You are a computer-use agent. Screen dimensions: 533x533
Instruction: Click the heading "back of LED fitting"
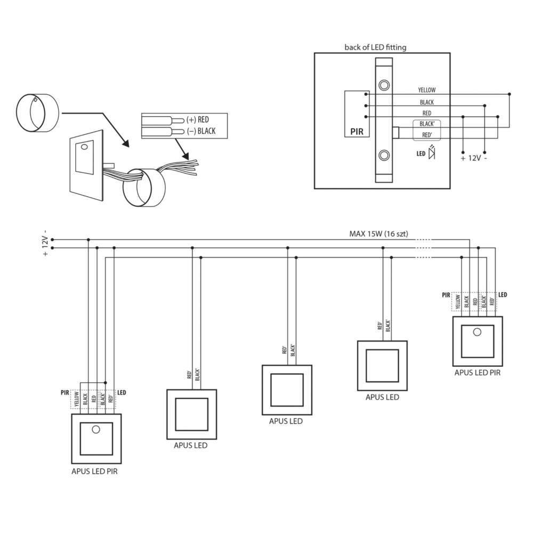coord(375,47)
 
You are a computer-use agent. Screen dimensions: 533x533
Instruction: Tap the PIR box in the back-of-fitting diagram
coord(356,114)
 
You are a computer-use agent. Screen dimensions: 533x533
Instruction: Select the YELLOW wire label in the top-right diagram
coord(427,90)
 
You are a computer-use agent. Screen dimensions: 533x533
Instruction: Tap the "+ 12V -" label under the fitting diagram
coord(473,158)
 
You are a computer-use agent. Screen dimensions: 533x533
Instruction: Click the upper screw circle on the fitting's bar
coord(383,85)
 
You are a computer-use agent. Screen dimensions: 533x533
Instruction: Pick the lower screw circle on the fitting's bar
coord(383,155)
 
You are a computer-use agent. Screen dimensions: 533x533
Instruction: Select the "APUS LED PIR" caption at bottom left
coord(94,471)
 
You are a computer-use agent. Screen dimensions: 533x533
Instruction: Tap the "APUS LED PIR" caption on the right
coord(477,373)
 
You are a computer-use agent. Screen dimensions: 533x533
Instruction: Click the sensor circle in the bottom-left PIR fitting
coord(96,430)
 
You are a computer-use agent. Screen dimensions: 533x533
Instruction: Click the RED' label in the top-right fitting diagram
coord(426,135)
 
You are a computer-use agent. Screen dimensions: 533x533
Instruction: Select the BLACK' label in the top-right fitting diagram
coord(426,124)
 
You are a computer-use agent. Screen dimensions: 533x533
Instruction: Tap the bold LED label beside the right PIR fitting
coord(502,294)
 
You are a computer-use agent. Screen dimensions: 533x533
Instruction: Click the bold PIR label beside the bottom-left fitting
coord(65,392)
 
